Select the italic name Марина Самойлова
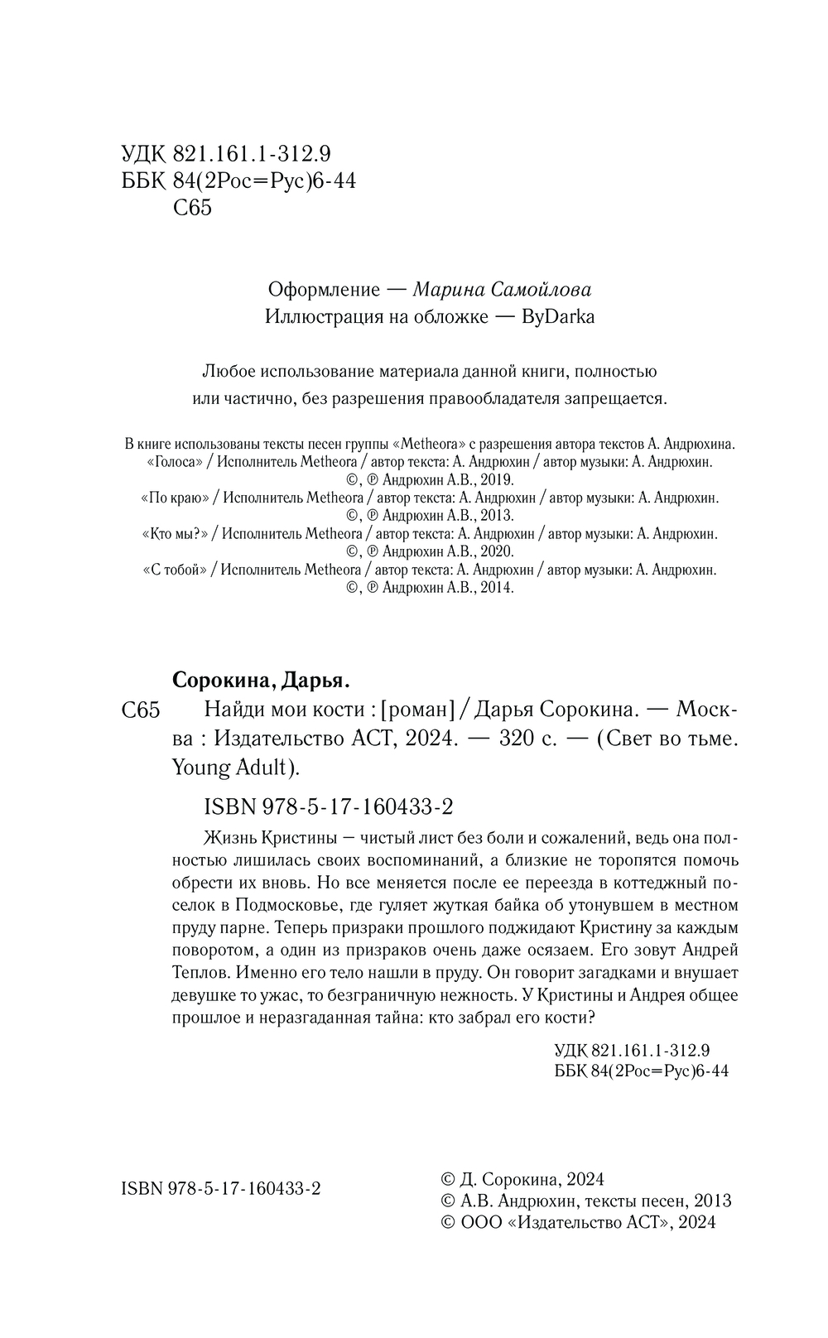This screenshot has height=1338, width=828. (502, 290)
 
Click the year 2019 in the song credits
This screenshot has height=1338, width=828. (496, 480)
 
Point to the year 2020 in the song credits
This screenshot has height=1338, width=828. (496, 551)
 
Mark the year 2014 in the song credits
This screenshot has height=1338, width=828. (496, 588)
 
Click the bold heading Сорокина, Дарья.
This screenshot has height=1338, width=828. (262, 681)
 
